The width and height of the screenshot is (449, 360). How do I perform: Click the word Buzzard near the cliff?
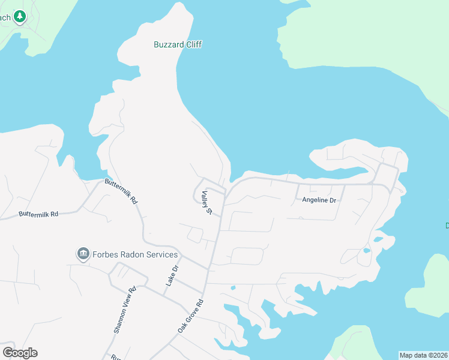166,44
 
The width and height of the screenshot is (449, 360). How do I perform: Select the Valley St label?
208,203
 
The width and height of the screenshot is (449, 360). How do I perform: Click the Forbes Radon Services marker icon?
83,254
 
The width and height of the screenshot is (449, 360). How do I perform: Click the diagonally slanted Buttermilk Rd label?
122,191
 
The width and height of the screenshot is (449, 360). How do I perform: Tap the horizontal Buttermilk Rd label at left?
38,214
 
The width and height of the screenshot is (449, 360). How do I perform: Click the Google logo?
20,352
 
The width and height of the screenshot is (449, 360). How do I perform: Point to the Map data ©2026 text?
423,355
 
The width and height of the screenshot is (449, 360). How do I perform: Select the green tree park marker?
20,16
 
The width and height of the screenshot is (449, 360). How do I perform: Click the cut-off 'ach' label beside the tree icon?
5,17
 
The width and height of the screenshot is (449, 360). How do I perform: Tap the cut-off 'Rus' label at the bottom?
116,356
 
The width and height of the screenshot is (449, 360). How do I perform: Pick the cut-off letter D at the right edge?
447,226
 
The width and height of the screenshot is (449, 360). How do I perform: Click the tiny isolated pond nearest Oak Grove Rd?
232,288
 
